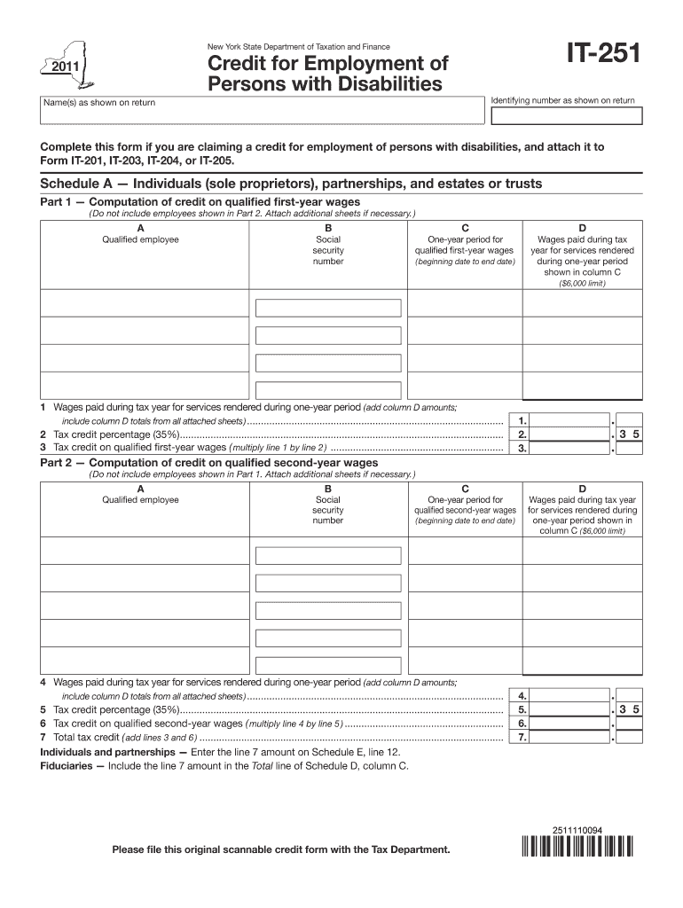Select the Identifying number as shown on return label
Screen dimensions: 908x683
(562, 100)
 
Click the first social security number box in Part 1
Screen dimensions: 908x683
(327, 308)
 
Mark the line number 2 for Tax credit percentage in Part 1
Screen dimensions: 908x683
(43, 435)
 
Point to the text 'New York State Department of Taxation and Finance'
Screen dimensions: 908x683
(298, 46)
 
